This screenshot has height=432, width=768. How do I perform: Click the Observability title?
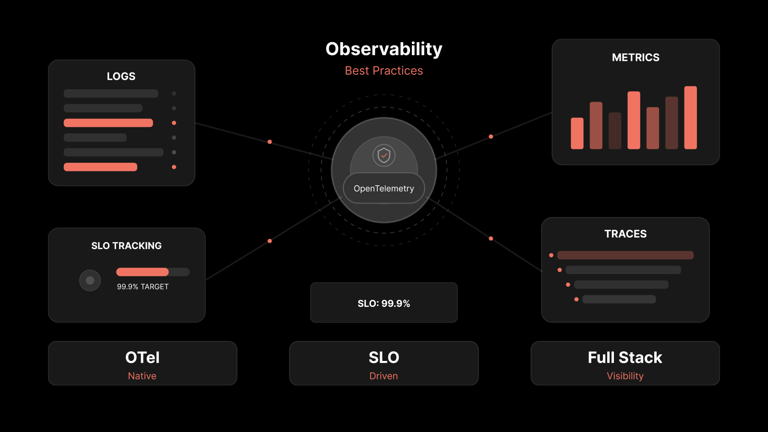tap(384, 49)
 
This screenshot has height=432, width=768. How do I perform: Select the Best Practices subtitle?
tap(384, 71)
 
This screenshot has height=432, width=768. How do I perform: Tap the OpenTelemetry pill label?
tap(384, 188)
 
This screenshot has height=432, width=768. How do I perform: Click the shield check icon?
tap(384, 156)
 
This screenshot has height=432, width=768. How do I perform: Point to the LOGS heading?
tap(121, 76)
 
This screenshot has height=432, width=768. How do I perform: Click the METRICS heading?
tap(636, 57)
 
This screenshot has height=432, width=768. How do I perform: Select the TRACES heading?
tap(625, 234)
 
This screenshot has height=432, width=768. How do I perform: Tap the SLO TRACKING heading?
tap(126, 246)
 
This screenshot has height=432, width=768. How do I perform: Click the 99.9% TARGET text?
tap(143, 287)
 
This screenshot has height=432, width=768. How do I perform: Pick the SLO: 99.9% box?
tap(384, 302)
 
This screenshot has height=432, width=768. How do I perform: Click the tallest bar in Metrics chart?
tap(691, 118)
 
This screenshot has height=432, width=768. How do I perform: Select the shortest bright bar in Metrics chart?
tap(577, 133)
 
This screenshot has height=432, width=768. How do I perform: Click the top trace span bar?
tap(625, 255)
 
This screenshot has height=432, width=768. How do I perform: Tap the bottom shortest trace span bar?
tap(619, 300)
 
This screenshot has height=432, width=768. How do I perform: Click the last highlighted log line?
tap(100, 167)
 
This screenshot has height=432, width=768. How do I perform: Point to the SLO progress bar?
tap(153, 272)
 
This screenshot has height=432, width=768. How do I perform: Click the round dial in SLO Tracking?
tap(90, 280)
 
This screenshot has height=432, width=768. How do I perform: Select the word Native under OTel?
tap(142, 376)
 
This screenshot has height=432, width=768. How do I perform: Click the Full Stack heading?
tap(625, 358)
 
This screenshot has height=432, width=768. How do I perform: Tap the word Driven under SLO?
tap(384, 376)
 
